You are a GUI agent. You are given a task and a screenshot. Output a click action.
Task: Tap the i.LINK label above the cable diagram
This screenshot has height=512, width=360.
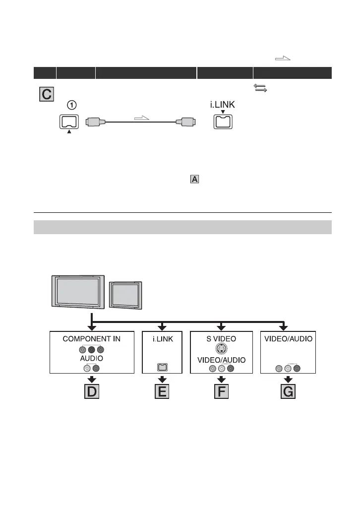(x=222, y=105)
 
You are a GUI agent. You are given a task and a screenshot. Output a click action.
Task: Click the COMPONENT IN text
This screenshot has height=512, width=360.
(x=92, y=339)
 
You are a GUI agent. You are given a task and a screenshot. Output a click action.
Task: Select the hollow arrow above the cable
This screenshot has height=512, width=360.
(x=141, y=117)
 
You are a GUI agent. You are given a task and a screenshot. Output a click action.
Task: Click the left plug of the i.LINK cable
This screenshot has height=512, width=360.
(x=94, y=122)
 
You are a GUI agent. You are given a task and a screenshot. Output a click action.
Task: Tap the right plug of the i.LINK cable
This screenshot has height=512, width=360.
(x=189, y=122)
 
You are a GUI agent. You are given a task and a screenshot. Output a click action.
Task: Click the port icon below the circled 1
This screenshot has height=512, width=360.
(x=68, y=122)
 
